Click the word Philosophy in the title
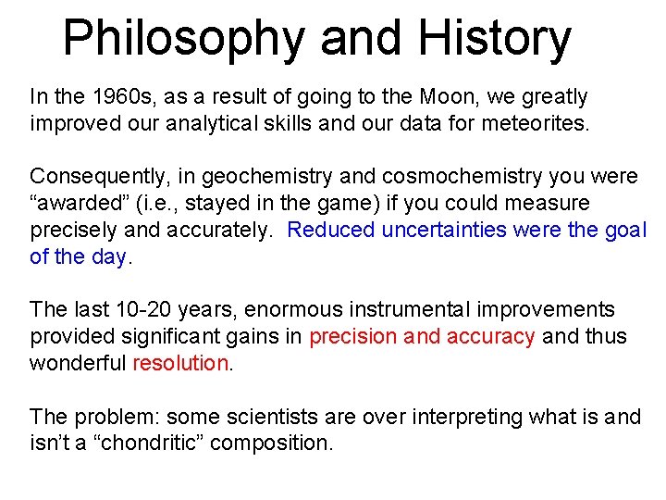click(184, 39)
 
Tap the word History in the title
click(494, 39)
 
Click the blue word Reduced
click(329, 230)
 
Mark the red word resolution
click(180, 363)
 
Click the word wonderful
click(78, 363)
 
